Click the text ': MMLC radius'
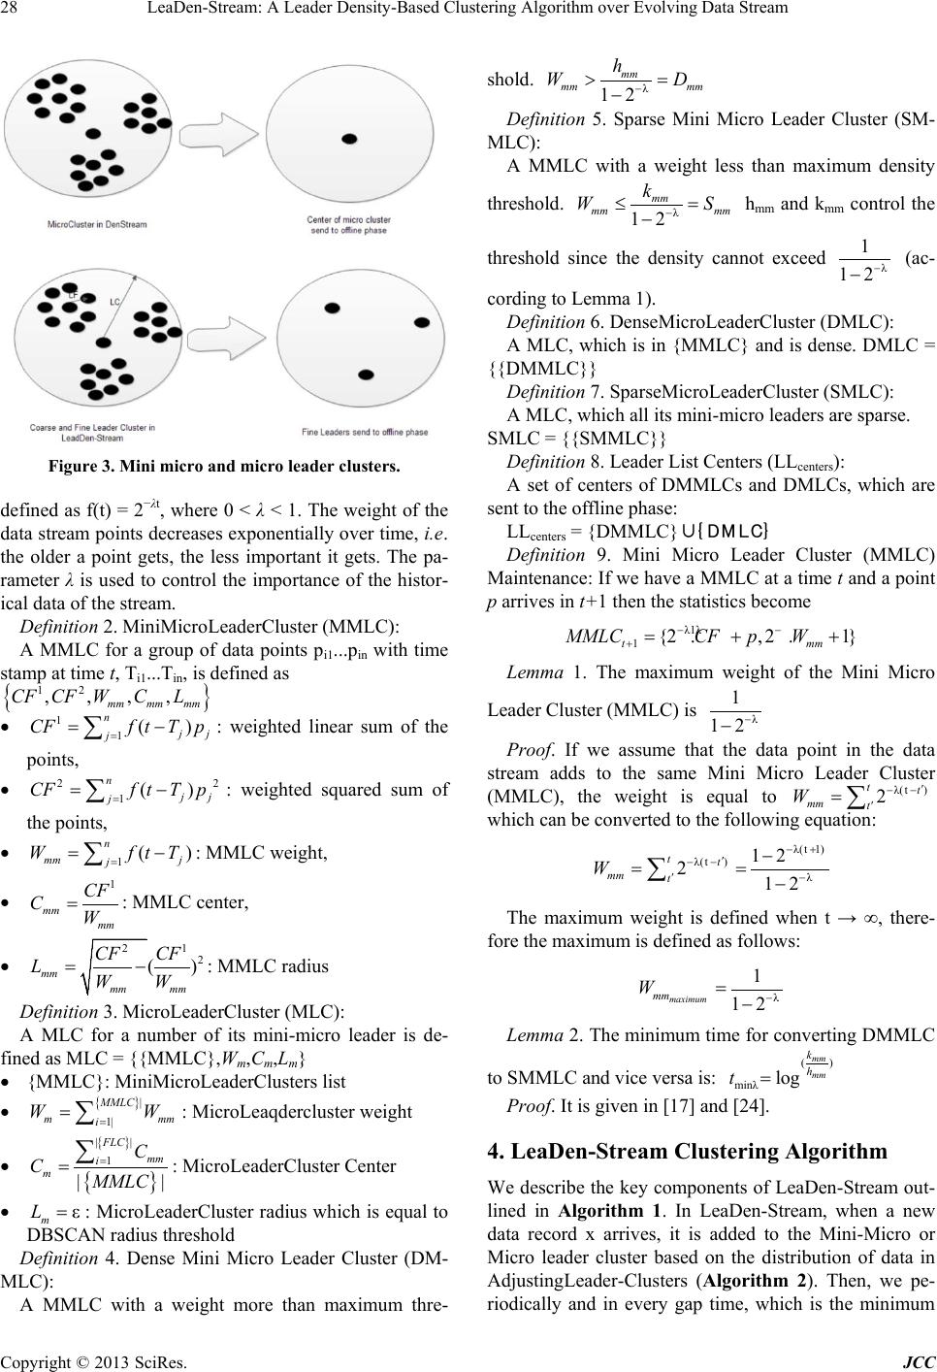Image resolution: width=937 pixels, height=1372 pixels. click(271, 965)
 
